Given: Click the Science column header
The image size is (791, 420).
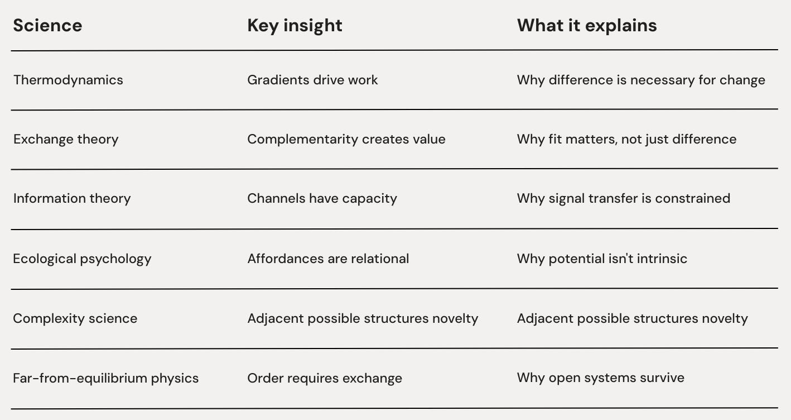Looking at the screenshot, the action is (47, 26).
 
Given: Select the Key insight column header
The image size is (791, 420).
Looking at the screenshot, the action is (295, 26).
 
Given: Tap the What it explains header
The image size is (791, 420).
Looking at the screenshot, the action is (587, 26).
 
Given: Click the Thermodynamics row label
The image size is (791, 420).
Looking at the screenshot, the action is (68, 80).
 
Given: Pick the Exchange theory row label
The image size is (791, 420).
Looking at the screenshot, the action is (66, 139).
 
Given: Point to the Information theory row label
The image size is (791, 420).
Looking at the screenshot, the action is (72, 199).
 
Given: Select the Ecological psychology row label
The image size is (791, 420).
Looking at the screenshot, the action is (82, 259).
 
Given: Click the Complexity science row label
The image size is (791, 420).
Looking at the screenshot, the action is (75, 318).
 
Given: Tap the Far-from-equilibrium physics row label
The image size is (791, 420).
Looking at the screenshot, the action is (106, 378).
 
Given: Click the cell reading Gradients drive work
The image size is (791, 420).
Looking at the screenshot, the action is (312, 80).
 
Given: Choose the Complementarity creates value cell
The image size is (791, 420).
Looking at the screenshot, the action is (346, 139).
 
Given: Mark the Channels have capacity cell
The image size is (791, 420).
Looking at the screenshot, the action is (322, 199).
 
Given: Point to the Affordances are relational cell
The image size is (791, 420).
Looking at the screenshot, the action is (328, 259).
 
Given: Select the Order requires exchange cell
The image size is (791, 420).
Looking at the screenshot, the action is (325, 378).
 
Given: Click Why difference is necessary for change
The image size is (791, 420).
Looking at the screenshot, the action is (641, 80).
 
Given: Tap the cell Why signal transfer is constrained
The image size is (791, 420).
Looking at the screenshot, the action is (623, 199).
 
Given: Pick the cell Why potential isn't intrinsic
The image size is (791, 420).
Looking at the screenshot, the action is (602, 259).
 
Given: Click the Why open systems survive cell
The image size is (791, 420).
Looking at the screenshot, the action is (600, 378).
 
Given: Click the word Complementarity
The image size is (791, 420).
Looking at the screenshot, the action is (302, 139).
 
